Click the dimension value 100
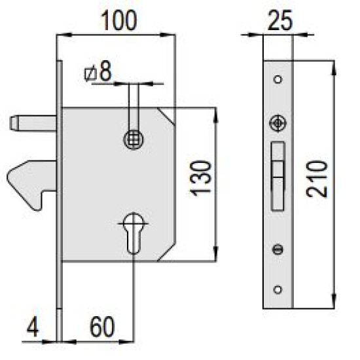118,21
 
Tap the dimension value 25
280,21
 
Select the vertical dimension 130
202,179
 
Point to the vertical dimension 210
317,179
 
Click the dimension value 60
102,327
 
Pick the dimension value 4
33,327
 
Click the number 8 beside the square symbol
105,71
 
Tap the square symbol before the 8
90,74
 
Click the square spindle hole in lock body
134,139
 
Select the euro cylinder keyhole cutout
134,233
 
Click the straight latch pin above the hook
33,124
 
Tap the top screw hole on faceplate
278,79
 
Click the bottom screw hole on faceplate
278,289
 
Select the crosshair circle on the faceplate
278,123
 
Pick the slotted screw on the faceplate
278,249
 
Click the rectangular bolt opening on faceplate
278,176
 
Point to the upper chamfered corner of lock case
166,117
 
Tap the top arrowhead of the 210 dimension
334,68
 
